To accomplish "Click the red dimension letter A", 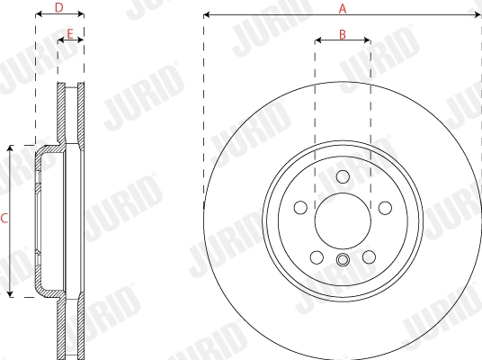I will point(342,8).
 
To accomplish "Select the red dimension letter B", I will point(343,33).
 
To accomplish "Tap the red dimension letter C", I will point(4,219).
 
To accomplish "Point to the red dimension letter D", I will point(59,8).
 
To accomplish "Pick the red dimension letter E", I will point(70,33).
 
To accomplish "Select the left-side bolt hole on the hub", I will point(299,208).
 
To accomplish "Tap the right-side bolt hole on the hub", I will point(385,208).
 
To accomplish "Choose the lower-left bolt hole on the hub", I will point(317,258).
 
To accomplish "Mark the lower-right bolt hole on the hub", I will point(369,258).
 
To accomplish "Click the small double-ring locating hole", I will point(343,261).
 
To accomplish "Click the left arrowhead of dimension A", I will point(207,15).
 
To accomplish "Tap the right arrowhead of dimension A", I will point(478,15).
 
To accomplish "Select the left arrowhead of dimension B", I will point(317,40).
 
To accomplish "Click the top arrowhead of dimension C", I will point(11,147).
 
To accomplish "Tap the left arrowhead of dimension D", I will point(38,15).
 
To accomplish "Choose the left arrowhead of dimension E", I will point(60,40).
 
